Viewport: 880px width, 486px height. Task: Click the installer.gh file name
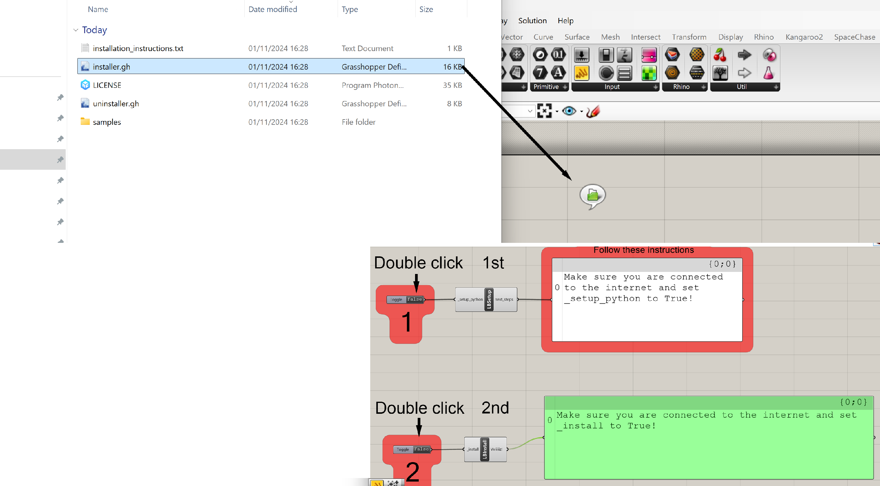coord(111,67)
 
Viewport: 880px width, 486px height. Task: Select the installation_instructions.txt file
coord(138,48)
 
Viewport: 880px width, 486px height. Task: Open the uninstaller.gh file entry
coord(116,104)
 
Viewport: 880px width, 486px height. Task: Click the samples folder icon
coord(85,122)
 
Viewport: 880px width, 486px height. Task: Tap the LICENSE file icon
coord(85,85)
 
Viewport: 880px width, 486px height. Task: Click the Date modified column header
coord(273,9)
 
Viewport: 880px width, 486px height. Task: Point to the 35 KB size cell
coord(452,85)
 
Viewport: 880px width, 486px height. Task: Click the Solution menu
coord(532,21)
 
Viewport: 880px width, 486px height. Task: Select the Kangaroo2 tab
coord(804,37)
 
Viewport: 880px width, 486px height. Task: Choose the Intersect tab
coord(645,37)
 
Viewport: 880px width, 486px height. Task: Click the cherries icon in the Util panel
coord(720,55)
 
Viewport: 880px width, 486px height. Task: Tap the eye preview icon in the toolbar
coord(569,111)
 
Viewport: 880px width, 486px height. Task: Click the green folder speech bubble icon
coord(592,196)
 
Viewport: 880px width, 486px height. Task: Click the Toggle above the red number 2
coord(412,449)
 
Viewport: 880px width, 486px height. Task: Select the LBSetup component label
coord(489,300)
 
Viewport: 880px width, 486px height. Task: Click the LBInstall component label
coord(484,449)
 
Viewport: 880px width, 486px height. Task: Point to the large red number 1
coord(407,322)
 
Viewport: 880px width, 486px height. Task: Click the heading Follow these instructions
coord(643,250)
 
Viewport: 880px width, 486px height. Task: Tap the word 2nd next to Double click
coord(495,408)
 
